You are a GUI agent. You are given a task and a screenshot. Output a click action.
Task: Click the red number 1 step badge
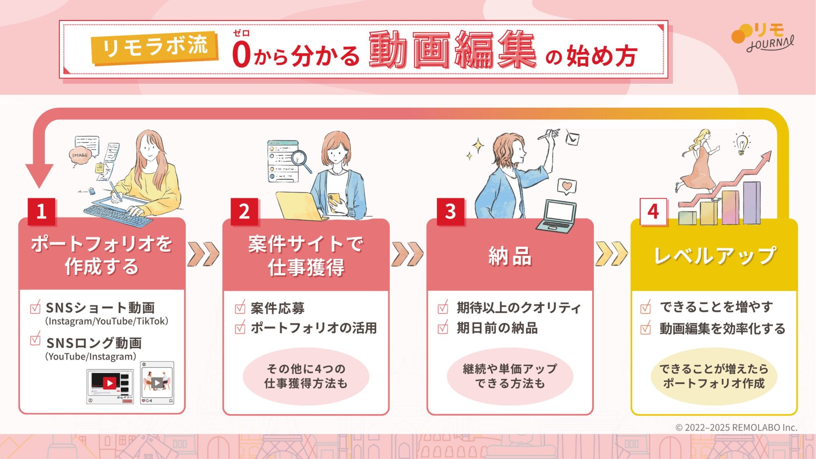[x=41, y=211]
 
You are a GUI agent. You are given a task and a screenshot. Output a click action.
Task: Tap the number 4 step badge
[x=653, y=212]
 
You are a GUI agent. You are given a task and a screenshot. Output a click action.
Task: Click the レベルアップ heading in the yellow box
[x=715, y=256]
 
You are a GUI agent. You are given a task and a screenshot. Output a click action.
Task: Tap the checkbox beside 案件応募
[x=240, y=307]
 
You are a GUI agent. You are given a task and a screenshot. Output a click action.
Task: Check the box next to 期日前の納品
[x=443, y=327]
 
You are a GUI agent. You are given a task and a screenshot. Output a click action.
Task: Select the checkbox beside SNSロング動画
[x=35, y=340]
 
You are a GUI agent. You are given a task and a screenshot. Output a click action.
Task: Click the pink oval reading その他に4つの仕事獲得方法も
[x=306, y=376]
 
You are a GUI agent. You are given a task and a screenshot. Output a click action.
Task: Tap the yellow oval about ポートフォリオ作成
[x=714, y=376]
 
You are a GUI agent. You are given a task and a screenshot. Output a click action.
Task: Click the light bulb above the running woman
[x=742, y=144]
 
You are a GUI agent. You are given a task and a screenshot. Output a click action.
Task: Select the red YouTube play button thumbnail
[x=110, y=383]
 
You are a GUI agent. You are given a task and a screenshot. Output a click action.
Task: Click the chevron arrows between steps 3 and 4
[x=611, y=254]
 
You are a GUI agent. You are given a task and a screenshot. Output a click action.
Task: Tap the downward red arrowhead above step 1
[x=39, y=175]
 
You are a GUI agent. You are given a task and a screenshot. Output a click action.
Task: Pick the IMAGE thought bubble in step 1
[x=80, y=156]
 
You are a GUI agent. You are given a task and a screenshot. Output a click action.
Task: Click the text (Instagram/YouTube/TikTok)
[x=107, y=321]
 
